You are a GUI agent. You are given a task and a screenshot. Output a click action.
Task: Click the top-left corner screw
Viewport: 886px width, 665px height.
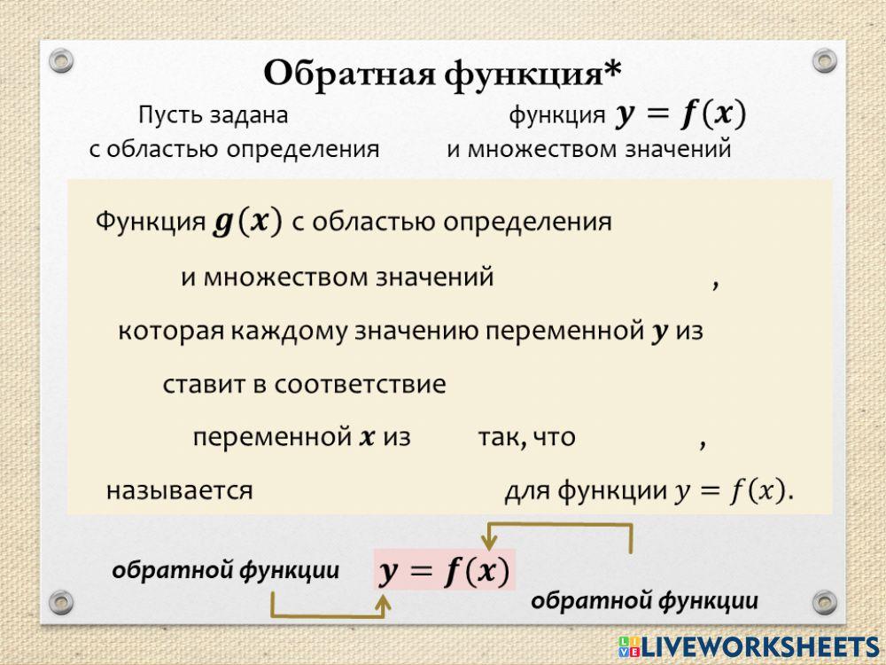[x=60, y=60]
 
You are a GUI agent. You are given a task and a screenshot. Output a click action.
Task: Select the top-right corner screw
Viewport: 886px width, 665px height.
[x=825, y=60]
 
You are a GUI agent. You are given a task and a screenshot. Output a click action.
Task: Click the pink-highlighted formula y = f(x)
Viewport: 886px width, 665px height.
[x=444, y=571]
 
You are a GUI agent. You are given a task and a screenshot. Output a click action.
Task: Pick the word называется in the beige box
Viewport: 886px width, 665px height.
[x=180, y=489]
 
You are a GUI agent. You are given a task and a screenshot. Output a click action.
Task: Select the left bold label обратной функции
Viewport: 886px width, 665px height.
[x=226, y=571]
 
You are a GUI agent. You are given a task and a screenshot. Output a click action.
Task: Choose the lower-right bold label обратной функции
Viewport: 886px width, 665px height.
[x=644, y=601]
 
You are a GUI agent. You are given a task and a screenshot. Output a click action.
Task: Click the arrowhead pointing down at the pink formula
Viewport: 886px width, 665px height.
[x=486, y=543]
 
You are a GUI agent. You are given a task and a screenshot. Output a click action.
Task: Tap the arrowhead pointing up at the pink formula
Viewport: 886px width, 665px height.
[x=383, y=603]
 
